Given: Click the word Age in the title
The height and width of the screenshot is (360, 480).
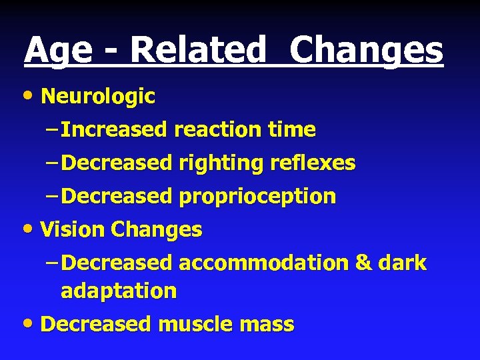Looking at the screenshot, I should (59, 51).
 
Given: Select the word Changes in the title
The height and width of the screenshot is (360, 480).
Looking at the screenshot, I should (367, 51).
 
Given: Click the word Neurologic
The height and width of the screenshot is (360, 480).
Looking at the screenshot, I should (98, 97).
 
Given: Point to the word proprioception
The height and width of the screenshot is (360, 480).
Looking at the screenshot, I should (257, 197).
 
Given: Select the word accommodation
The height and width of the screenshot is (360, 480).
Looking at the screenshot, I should (263, 263).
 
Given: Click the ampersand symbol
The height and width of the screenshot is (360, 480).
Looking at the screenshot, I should (364, 263).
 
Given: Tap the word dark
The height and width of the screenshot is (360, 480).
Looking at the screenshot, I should (403, 263).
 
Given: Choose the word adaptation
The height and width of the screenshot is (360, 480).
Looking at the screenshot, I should (119, 291).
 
